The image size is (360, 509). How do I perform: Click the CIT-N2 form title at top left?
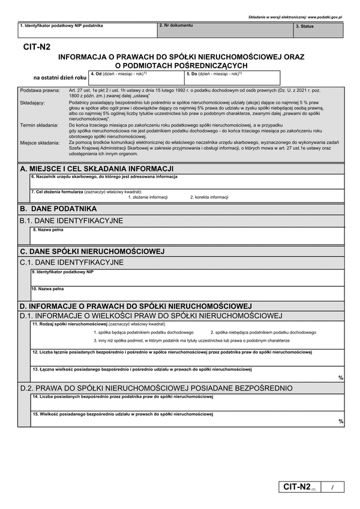click(x=37, y=46)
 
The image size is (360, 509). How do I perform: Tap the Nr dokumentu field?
click(x=225, y=30)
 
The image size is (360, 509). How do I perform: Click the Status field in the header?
click(x=318, y=30)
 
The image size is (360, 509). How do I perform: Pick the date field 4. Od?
click(x=136, y=78)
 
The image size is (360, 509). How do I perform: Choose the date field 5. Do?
click(x=232, y=78)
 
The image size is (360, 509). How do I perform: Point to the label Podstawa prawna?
click(x=40, y=90)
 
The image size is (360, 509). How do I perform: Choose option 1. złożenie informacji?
click(x=148, y=197)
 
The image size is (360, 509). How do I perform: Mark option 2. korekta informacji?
click(x=209, y=197)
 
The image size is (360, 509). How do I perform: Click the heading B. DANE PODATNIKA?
click(x=58, y=209)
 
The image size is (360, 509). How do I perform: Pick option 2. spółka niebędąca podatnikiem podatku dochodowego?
click(x=263, y=332)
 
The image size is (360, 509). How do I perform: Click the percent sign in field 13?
click(x=341, y=378)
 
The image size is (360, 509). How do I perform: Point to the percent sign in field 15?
click(x=341, y=421)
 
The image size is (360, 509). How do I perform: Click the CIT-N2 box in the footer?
click(x=296, y=486)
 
